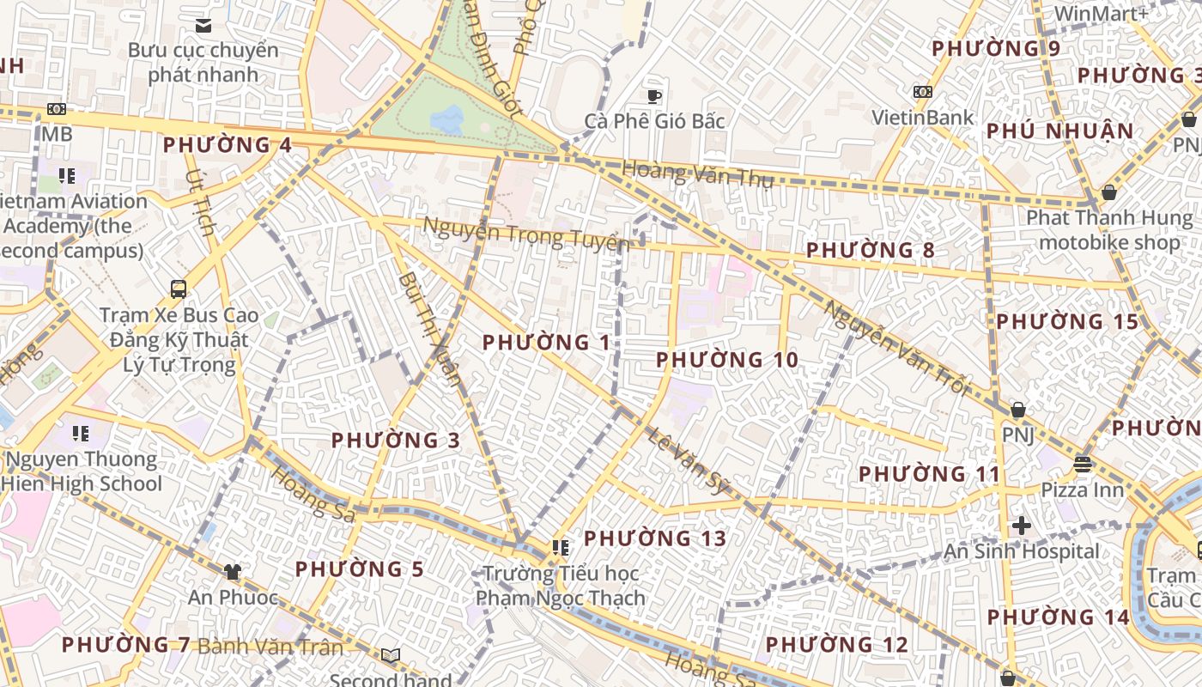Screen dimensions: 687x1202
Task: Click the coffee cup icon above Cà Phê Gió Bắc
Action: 654,95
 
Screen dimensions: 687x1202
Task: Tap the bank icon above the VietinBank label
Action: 923,92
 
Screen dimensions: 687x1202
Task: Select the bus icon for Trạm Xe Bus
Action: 179,289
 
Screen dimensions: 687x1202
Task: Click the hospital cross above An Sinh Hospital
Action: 1022,525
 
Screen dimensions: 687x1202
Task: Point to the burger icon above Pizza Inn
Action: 1082,465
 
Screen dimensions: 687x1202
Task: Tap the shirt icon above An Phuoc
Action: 233,571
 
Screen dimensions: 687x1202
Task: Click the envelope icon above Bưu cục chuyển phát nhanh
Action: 203,26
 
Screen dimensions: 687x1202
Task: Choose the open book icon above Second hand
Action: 391,656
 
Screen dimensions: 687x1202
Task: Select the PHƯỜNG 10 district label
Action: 727,360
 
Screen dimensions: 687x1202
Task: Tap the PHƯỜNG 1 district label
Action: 546,343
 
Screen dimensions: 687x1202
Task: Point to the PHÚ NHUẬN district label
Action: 1059,131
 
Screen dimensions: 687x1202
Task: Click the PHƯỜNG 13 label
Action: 655,538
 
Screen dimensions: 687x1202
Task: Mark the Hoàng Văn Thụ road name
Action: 697,174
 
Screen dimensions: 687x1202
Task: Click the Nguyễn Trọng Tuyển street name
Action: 526,234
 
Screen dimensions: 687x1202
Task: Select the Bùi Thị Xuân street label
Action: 430,329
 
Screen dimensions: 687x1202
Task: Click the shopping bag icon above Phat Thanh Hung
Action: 1108,192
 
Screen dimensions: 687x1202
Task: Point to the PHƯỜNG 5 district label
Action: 360,569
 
